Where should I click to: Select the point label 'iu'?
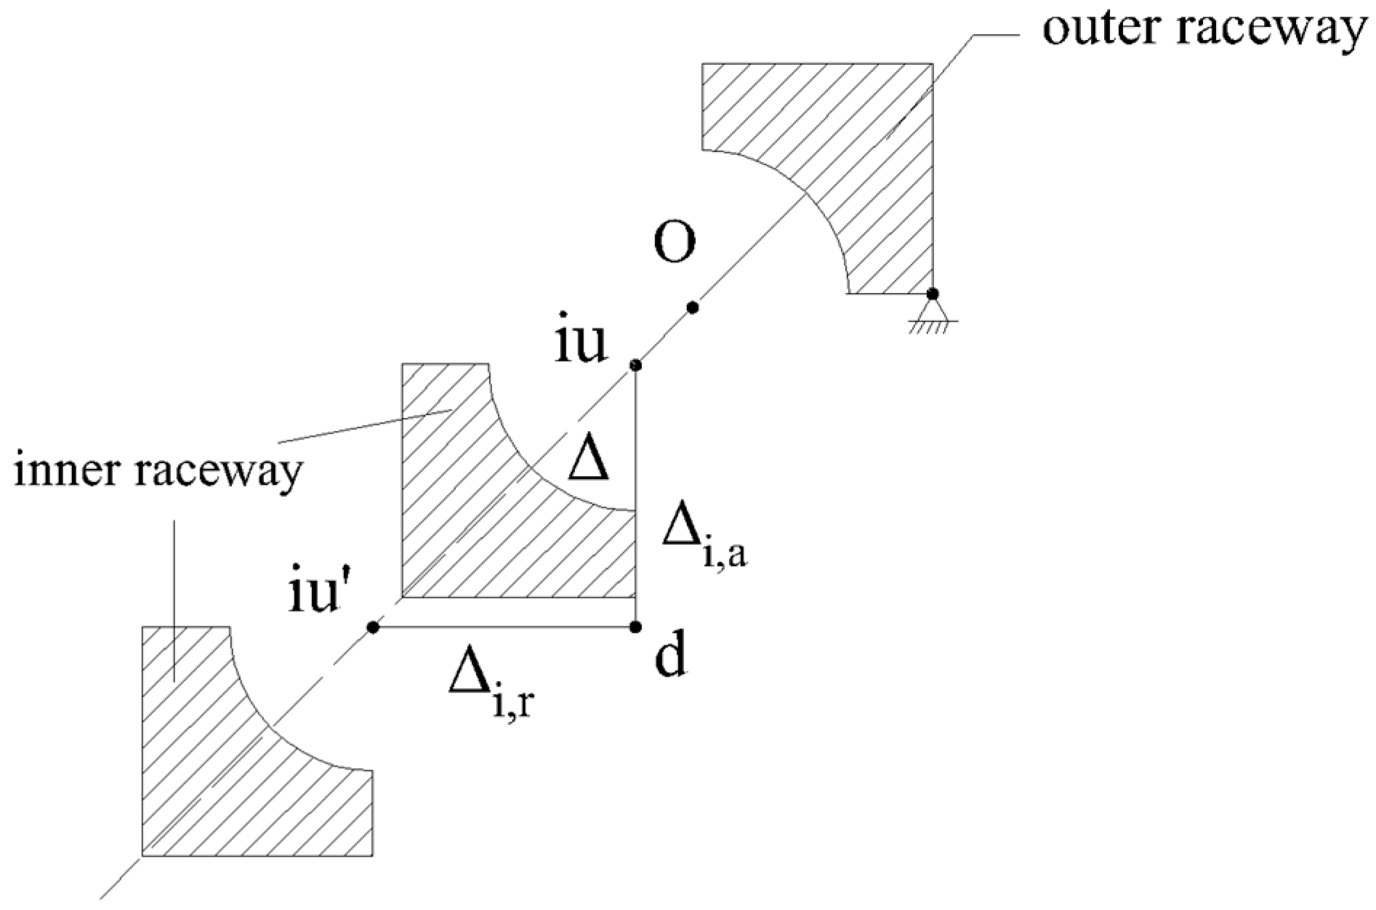[x=581, y=345]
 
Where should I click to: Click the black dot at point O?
[x=693, y=308]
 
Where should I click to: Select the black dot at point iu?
[x=635, y=365]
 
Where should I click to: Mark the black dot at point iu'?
[x=373, y=627]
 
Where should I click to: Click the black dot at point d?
[x=636, y=627]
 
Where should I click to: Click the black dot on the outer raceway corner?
[x=932, y=294]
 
